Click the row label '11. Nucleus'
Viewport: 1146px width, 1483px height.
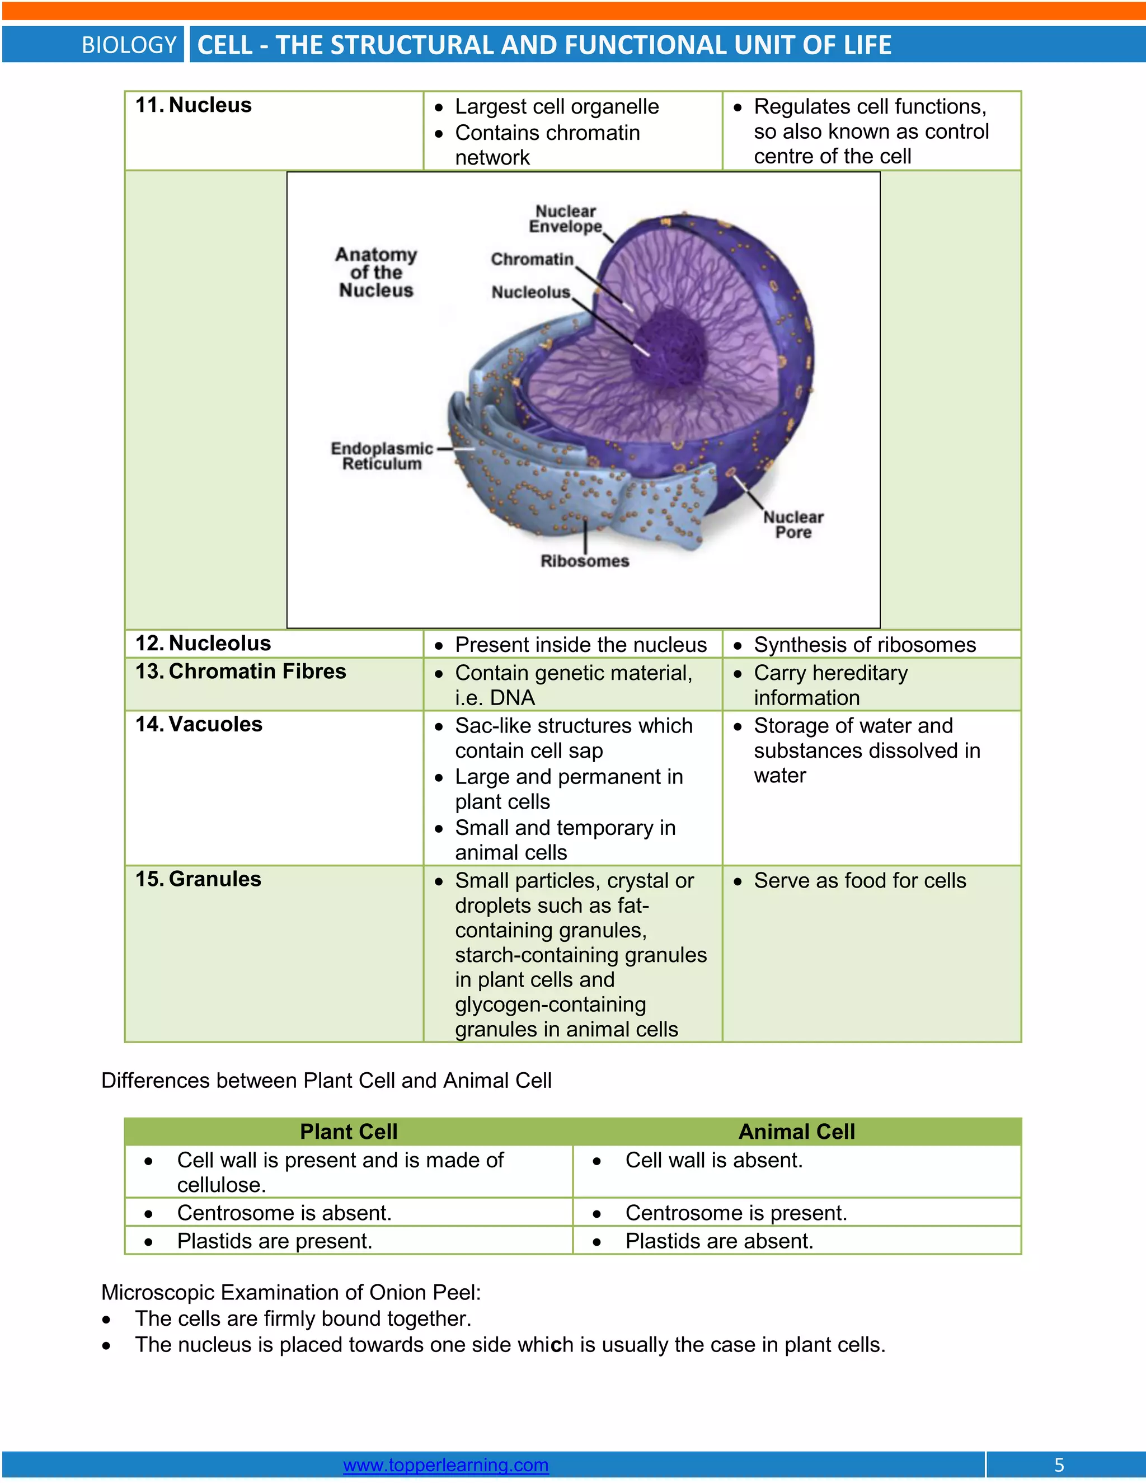tap(194, 105)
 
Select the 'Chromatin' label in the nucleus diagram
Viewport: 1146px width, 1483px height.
tap(532, 260)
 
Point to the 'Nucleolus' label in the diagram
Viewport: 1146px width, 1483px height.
tap(530, 292)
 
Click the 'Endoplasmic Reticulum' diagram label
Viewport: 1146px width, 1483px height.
tap(382, 456)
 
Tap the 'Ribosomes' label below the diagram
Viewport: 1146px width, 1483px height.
tap(585, 561)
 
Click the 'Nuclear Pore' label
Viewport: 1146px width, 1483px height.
tap(793, 524)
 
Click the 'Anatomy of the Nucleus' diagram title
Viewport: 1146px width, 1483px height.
tap(376, 273)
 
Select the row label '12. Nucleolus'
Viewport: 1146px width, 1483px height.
tap(203, 643)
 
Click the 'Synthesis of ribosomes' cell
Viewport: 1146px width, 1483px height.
tap(864, 644)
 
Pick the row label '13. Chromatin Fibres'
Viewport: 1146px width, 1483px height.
tap(240, 671)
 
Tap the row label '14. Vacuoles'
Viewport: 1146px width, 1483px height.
tap(198, 724)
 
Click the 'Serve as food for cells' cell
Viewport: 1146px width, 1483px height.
tap(859, 880)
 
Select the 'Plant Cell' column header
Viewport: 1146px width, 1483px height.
tap(348, 1131)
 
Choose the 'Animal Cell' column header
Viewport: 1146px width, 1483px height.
tap(796, 1131)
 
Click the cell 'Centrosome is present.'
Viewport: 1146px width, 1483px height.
tap(736, 1212)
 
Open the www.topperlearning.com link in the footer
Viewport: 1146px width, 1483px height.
tap(445, 1465)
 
